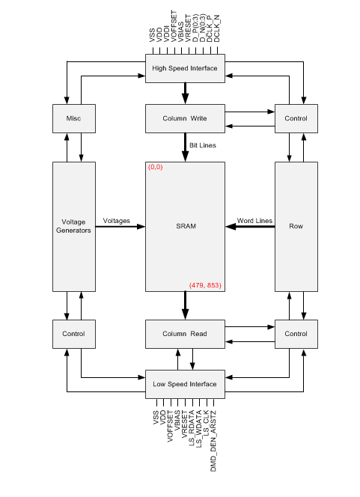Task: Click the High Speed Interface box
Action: click(x=184, y=68)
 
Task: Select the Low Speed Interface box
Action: click(x=184, y=384)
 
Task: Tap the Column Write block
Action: click(x=184, y=118)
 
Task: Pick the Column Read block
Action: click(x=184, y=333)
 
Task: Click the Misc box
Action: click(x=73, y=118)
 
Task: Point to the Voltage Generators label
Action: click(x=73, y=226)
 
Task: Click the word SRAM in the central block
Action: click(x=184, y=226)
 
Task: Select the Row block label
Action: click(x=296, y=226)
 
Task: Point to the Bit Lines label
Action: click(x=203, y=145)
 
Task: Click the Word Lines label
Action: click(x=254, y=221)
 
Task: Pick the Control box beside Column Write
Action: click(x=296, y=118)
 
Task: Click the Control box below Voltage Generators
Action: click(x=73, y=333)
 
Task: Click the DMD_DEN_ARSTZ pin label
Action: click(x=214, y=429)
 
